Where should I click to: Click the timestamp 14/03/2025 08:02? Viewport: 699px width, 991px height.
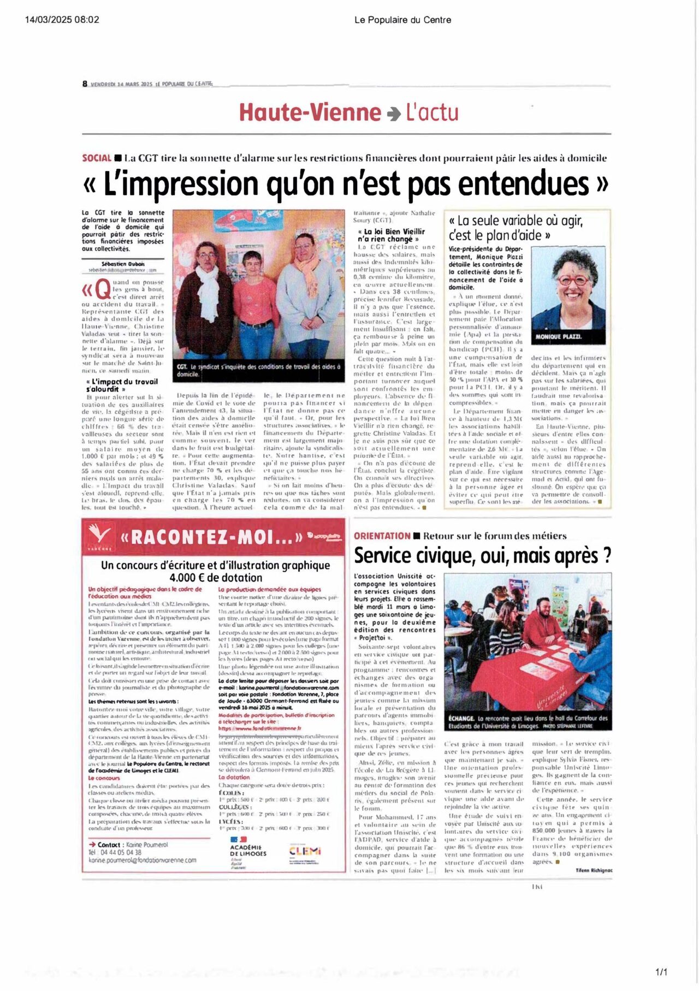click(x=62, y=20)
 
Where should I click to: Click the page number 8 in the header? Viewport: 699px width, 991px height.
click(x=85, y=84)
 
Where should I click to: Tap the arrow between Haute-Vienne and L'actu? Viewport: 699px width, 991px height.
click(x=393, y=114)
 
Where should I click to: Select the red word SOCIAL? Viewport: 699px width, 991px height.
click(x=97, y=158)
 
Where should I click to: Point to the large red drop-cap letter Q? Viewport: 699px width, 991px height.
click(x=103, y=289)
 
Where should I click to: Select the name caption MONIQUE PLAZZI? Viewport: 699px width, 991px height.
click(x=558, y=336)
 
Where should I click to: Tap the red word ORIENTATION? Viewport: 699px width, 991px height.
click(x=382, y=536)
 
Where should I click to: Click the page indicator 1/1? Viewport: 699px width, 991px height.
click(x=661, y=972)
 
